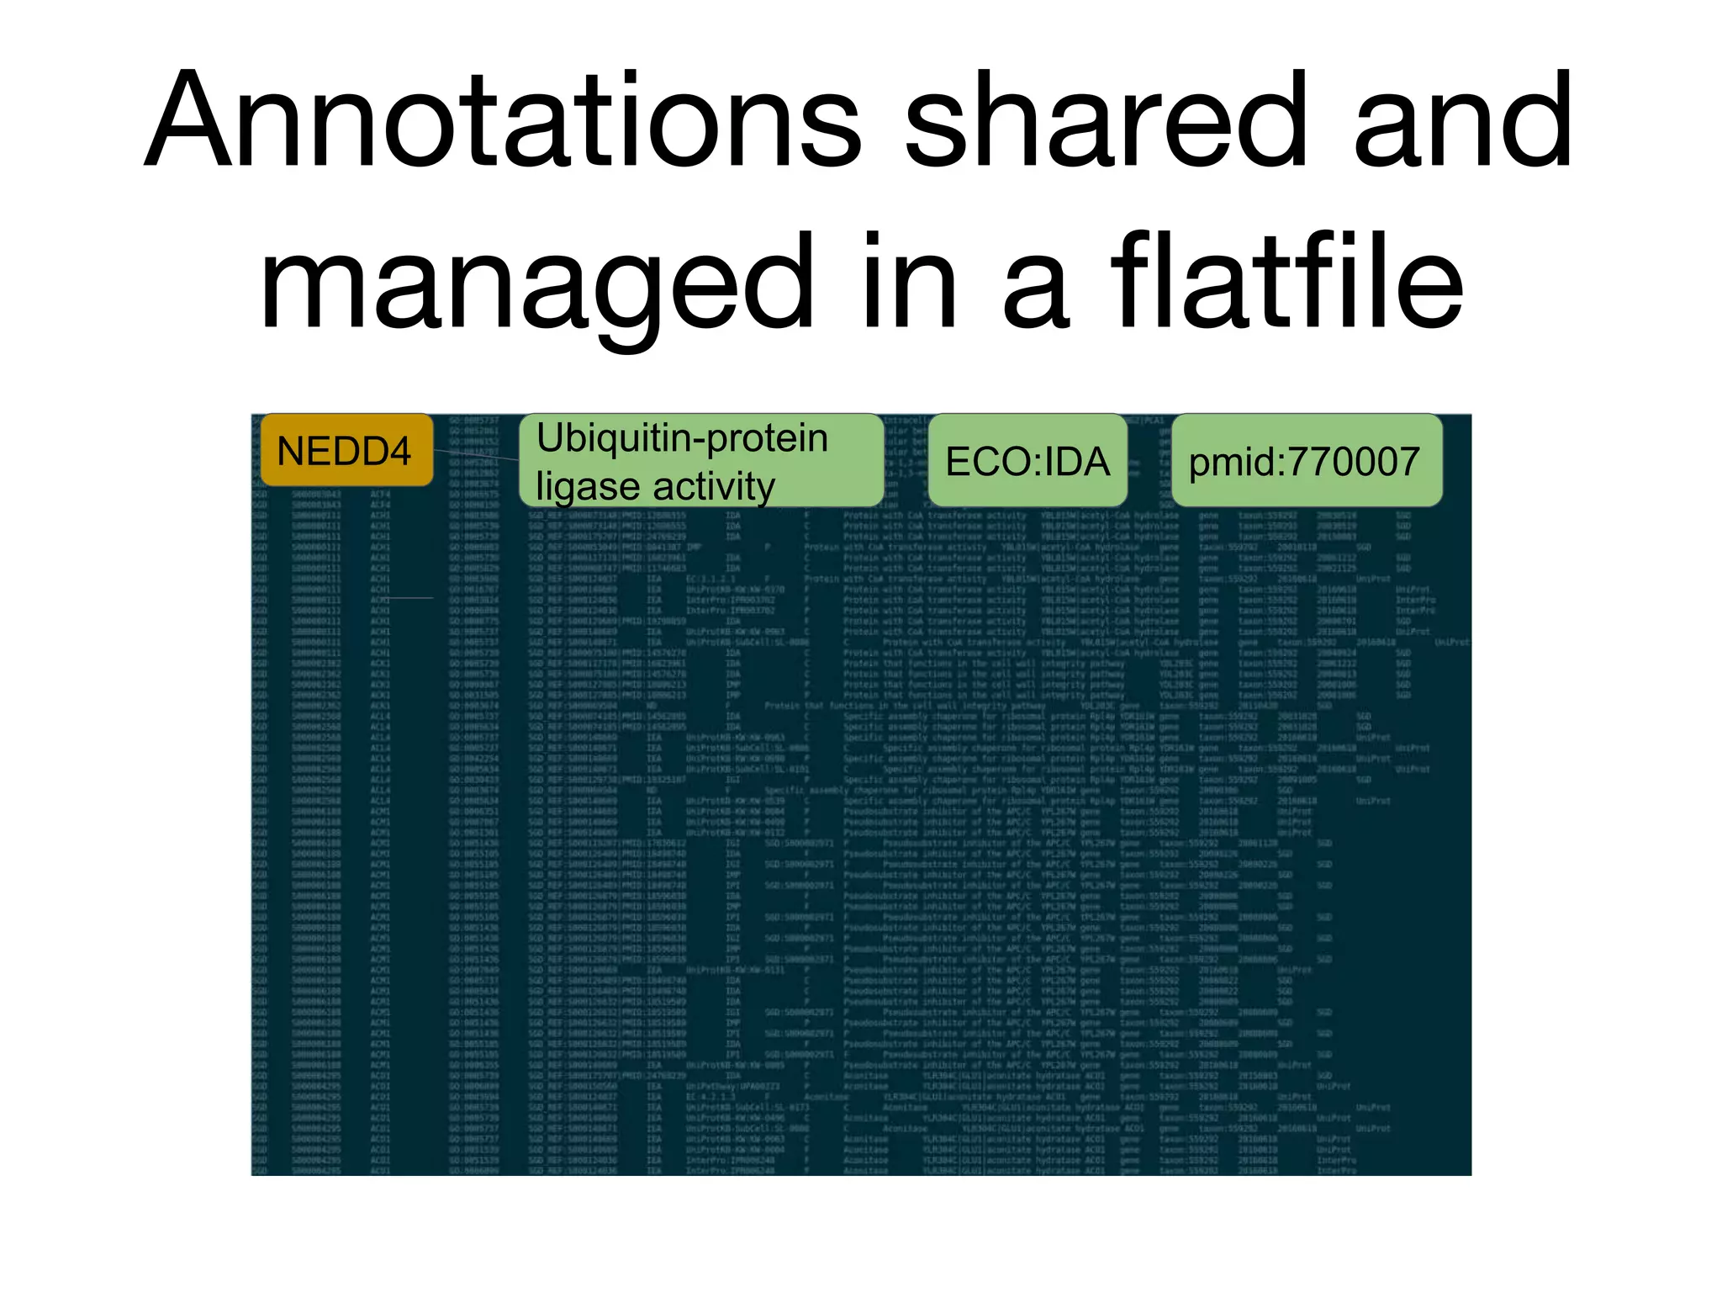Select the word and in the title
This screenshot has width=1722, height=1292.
click(1463, 122)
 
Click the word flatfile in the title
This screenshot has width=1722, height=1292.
click(1287, 282)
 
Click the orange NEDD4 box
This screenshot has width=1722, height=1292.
click(346, 451)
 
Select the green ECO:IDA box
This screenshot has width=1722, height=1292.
click(1027, 461)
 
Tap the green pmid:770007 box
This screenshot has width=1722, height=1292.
click(1306, 461)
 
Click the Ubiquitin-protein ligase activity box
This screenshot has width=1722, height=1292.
click(701, 461)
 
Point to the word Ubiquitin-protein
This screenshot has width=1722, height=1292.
click(682, 438)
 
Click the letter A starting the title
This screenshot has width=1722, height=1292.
click(190, 122)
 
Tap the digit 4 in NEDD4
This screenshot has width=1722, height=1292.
click(399, 452)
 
